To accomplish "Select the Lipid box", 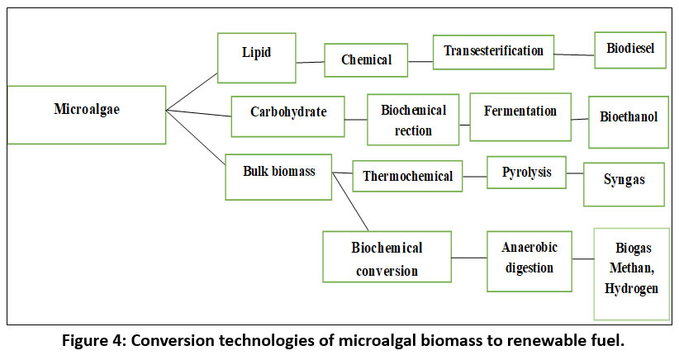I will coord(257,57).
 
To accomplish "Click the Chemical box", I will coord(366,60).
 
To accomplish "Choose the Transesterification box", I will coord(493,53).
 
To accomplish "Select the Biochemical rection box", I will coord(413,120).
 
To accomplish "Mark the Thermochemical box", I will coord(407,176).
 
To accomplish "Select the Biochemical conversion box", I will coord(387,258).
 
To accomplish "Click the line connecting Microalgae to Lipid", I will coord(192,92).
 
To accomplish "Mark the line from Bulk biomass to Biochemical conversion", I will coord(350,201).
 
